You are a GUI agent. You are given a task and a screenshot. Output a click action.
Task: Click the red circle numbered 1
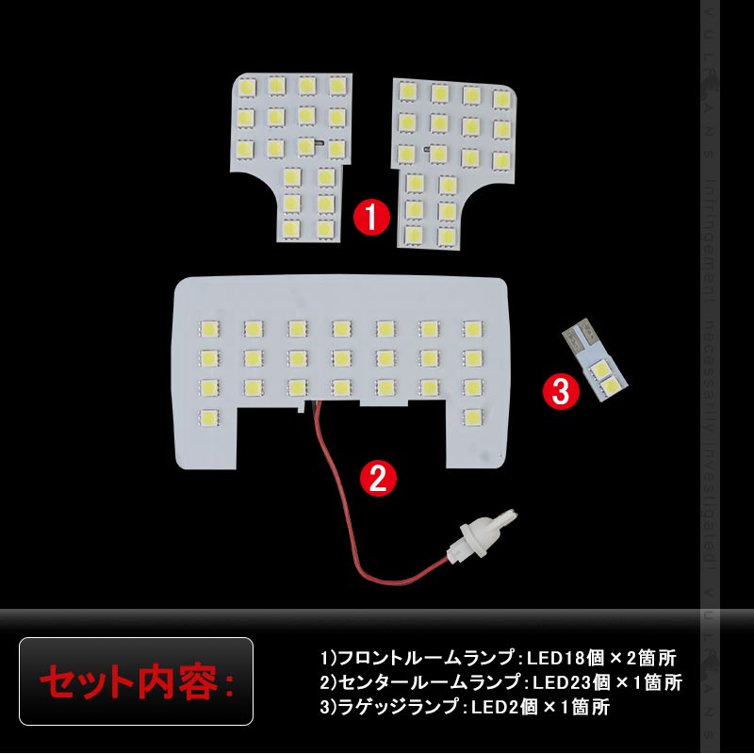coord(370,218)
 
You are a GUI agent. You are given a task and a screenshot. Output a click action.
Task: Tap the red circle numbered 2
coord(378,479)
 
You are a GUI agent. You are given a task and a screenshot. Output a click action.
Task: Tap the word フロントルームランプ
coord(404,657)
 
